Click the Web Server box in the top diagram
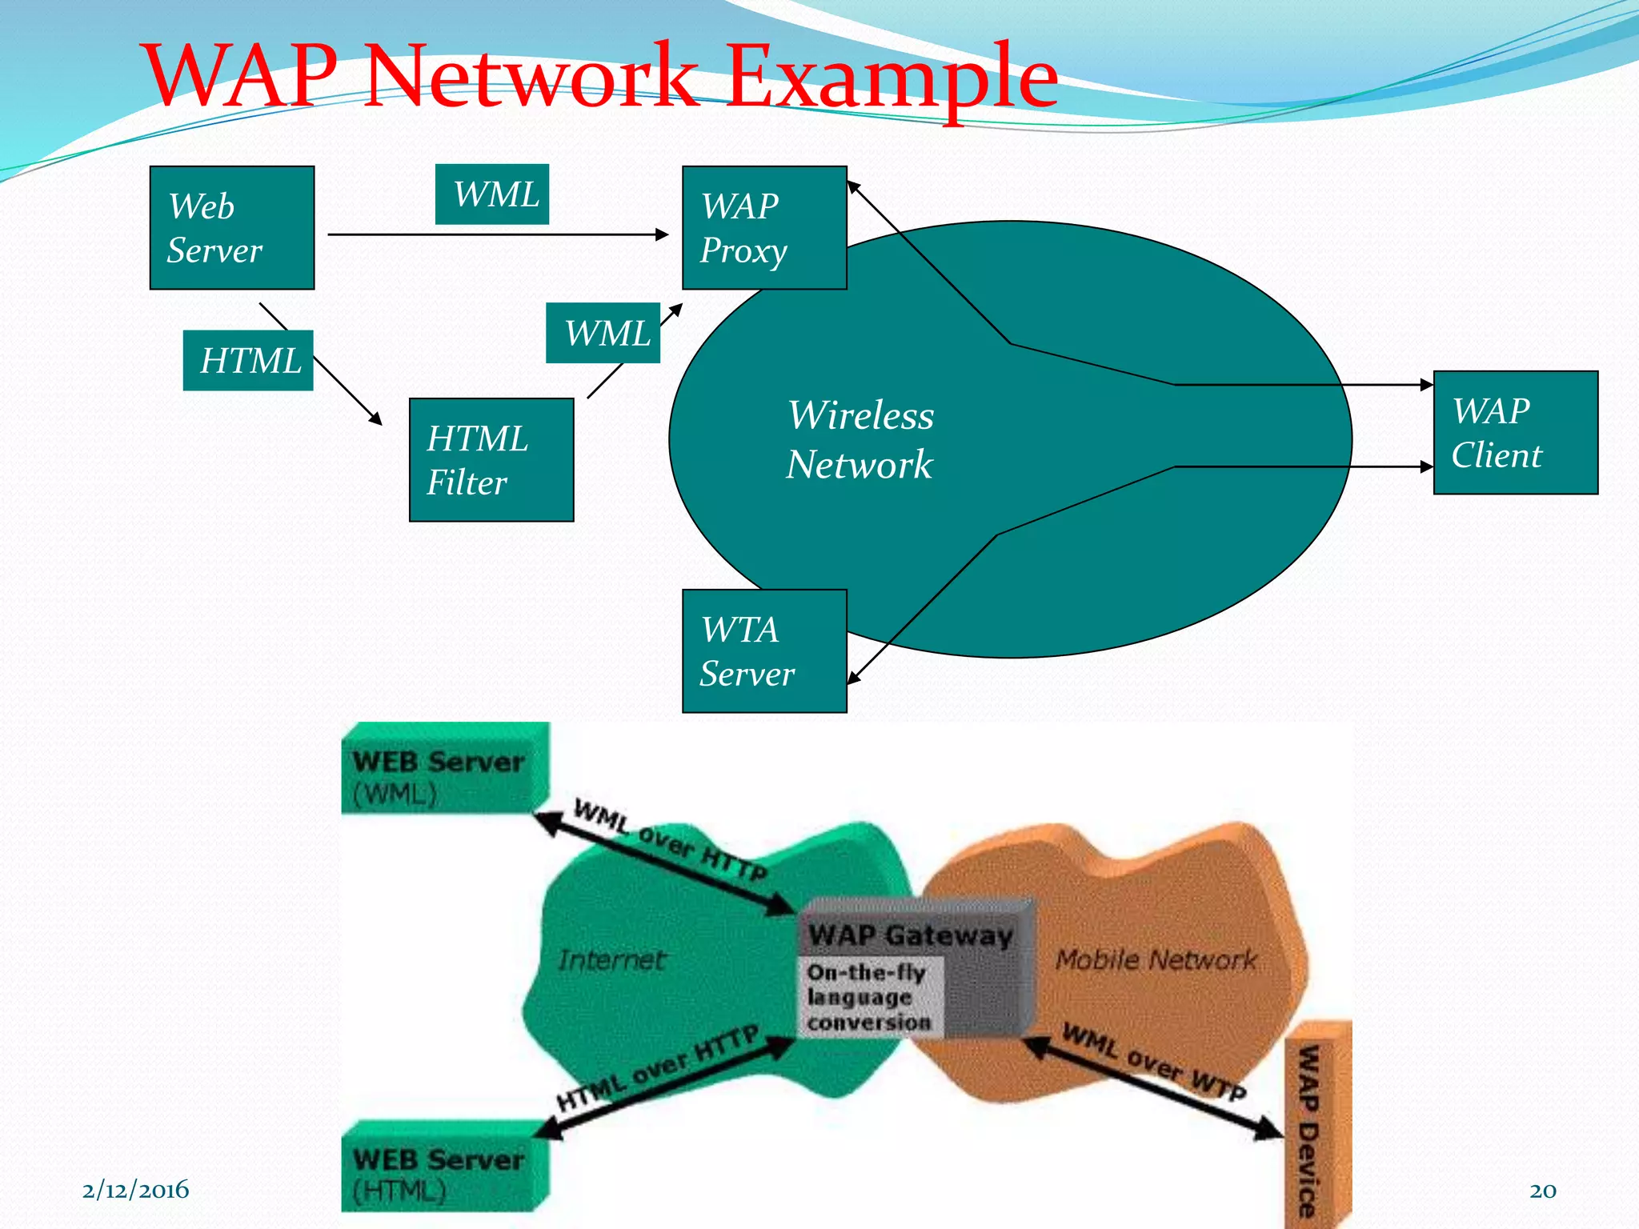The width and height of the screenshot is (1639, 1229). click(232, 228)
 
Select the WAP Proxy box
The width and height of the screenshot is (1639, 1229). click(764, 228)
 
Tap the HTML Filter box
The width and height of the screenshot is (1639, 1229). click(491, 460)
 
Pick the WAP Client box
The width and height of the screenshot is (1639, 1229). click(1515, 433)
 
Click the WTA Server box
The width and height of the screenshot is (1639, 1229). click(764, 651)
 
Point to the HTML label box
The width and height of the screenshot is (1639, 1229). click(248, 361)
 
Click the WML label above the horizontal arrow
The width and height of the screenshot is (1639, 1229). click(492, 194)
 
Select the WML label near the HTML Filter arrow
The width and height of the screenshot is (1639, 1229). click(603, 333)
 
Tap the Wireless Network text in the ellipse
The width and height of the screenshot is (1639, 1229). click(860, 439)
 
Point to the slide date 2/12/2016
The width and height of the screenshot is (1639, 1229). click(135, 1190)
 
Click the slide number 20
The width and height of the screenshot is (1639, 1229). click(1542, 1191)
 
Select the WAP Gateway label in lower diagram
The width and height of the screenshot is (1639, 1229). click(910, 935)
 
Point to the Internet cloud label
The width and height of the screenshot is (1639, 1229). click(611, 959)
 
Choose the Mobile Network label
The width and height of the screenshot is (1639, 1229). click(1155, 959)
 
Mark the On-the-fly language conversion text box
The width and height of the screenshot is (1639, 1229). click(869, 997)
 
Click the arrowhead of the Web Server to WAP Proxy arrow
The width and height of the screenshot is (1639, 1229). click(662, 234)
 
